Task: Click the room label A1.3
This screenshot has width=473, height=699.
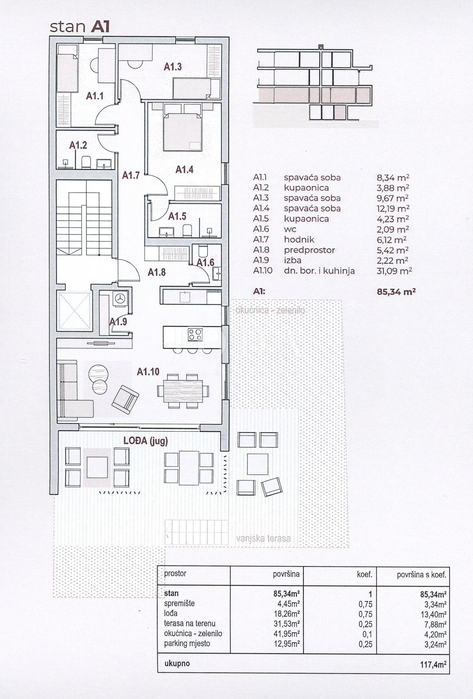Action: (x=173, y=67)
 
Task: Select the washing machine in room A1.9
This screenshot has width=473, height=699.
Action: (x=120, y=299)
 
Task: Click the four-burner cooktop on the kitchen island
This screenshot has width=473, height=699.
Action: (x=195, y=334)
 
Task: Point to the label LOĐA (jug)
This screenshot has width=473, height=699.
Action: (x=146, y=441)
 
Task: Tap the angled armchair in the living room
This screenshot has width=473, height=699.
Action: (x=125, y=399)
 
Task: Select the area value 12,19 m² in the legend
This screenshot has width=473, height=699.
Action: (x=393, y=208)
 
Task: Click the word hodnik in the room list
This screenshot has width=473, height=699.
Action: (x=299, y=240)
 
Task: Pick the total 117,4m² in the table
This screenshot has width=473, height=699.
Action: (x=433, y=664)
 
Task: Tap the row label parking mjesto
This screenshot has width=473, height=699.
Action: (x=187, y=643)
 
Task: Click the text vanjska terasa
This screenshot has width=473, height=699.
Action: (x=263, y=538)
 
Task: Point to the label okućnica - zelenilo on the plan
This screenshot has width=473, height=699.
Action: (x=270, y=311)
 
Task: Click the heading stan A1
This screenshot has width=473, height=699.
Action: (x=79, y=27)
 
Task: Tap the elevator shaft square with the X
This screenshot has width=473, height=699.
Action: (x=74, y=311)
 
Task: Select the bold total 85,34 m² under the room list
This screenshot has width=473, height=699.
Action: (x=396, y=292)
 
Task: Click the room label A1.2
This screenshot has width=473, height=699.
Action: (x=78, y=145)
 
